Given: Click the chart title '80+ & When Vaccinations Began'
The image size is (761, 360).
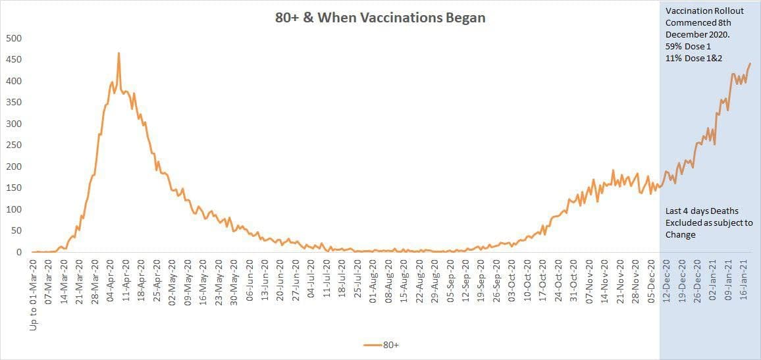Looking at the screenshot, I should [x=380, y=18].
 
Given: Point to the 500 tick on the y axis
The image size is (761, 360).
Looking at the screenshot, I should [x=14, y=38].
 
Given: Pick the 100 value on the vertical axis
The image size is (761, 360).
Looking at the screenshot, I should [x=14, y=209].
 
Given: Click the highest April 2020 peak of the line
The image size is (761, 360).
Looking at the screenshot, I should [x=118, y=53].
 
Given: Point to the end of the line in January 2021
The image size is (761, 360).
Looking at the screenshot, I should [x=750, y=64].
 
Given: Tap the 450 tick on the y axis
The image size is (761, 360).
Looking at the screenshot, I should [x=14, y=59].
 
